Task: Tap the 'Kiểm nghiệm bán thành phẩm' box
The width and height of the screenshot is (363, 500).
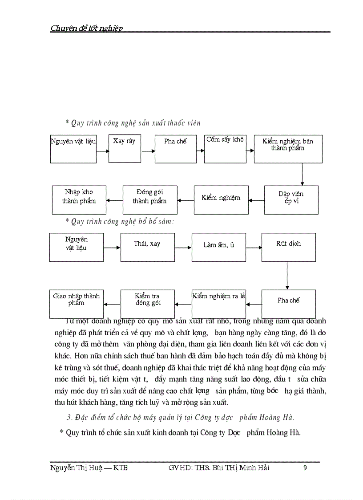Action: (288, 149)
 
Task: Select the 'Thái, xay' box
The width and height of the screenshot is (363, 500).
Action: (147, 247)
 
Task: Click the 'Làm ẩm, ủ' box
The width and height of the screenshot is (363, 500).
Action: (218, 247)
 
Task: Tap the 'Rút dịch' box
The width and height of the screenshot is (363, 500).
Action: (288, 247)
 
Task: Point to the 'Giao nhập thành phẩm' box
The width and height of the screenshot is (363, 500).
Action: (76, 304)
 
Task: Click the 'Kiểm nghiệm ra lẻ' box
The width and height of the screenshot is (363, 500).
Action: (218, 304)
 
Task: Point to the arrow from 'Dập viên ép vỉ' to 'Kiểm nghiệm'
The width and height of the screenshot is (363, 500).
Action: (256, 200)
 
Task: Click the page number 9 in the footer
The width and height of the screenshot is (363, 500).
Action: (305, 467)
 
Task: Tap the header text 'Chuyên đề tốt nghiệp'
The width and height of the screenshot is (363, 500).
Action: (87, 28)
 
